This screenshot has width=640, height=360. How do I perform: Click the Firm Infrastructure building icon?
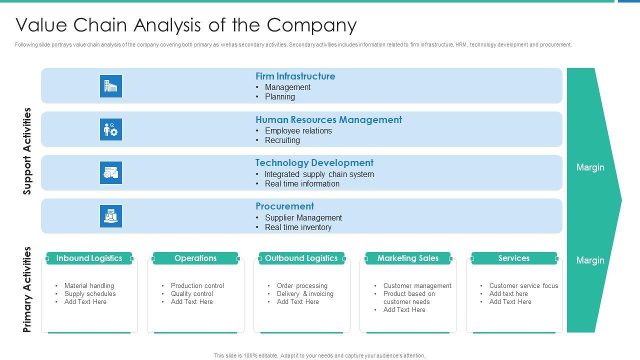(110, 86)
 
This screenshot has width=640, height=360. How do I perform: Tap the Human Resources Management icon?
(110, 129)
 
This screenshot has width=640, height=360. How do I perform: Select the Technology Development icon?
(110, 173)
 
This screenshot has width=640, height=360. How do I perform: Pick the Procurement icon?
(110, 216)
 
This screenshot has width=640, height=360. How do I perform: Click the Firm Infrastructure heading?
(295, 76)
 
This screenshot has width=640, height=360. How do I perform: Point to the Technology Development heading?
(314, 163)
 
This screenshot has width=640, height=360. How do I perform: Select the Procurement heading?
(284, 206)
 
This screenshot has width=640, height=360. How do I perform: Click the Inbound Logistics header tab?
(89, 258)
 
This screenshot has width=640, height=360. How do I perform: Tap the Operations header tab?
(195, 258)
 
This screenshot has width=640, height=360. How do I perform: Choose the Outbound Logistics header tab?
(301, 258)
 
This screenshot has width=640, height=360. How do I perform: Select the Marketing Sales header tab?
(407, 258)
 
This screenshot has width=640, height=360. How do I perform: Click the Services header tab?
(513, 258)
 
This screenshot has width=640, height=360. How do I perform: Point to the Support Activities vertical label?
(27, 151)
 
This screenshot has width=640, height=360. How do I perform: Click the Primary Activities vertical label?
(27, 289)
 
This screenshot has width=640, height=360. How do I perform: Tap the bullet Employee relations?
(298, 131)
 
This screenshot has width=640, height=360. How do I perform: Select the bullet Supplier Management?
(303, 218)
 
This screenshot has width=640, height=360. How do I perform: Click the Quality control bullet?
(191, 294)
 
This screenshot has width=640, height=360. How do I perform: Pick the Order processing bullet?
(302, 286)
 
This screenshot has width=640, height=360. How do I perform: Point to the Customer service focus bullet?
(523, 286)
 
